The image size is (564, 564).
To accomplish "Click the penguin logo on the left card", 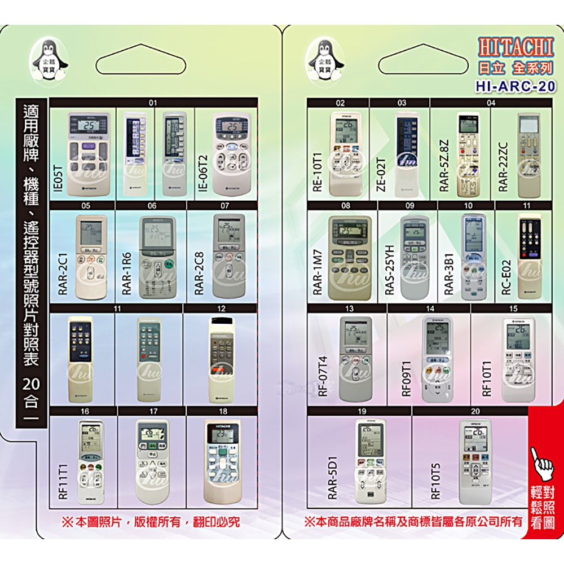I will pyautogui.click(x=50, y=61).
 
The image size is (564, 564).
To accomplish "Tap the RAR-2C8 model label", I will pyautogui.click(x=199, y=274).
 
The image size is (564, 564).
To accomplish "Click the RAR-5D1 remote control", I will pyautogui.click(x=370, y=462).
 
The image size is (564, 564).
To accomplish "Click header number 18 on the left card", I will pyautogui.click(x=223, y=411).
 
